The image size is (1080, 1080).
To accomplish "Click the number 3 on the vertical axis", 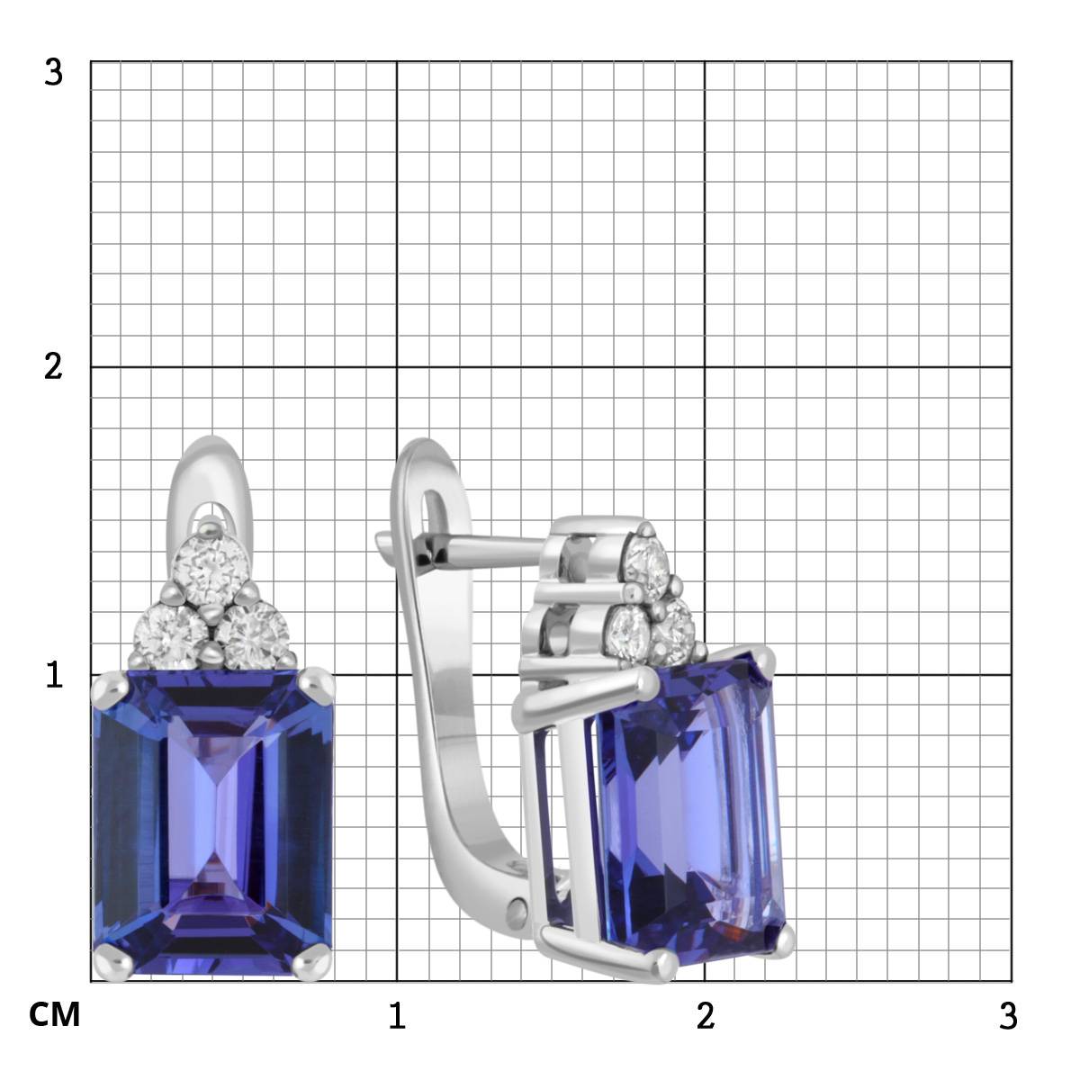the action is [53, 73].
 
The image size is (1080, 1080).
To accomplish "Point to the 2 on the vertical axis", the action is [53, 367].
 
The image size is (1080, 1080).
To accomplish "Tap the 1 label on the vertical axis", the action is [54, 675].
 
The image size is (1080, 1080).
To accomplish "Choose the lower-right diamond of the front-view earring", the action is [253, 635].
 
